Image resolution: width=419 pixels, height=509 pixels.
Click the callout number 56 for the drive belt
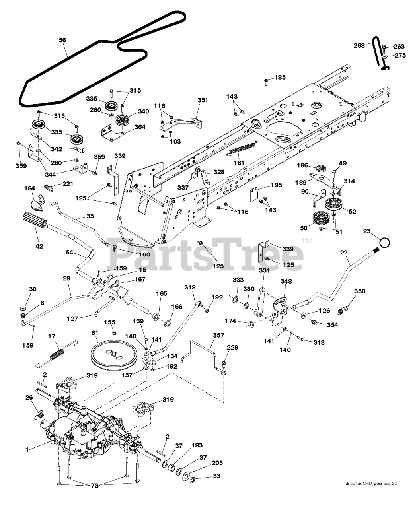pos(62,40)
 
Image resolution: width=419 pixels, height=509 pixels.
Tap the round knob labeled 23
pos(385,242)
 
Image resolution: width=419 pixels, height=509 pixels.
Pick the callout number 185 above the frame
pos(280,77)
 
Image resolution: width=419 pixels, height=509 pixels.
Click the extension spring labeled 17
pos(57,354)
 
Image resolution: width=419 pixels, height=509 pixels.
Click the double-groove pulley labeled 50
pos(321,218)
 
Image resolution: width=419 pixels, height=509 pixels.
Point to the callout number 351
pos(203,100)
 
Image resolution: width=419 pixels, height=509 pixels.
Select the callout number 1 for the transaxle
pos(27,449)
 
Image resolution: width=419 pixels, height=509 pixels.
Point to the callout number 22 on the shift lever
pos(344,253)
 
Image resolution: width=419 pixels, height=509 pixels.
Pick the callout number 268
pos(359,45)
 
